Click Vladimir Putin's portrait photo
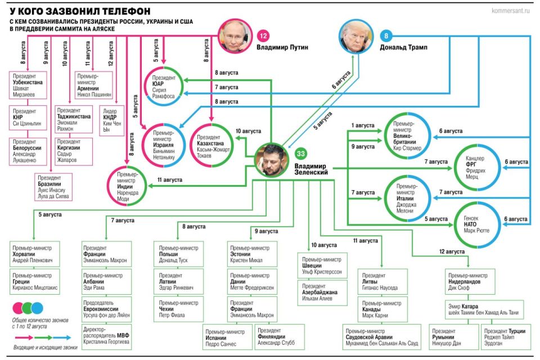coord(235,36)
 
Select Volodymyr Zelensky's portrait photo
coord(272,159)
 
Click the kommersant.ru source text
coord(511,10)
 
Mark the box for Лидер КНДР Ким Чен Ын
coord(111,120)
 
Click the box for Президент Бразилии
coord(53,187)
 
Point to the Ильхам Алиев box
coord(323,294)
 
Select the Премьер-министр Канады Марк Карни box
coord(381,309)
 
